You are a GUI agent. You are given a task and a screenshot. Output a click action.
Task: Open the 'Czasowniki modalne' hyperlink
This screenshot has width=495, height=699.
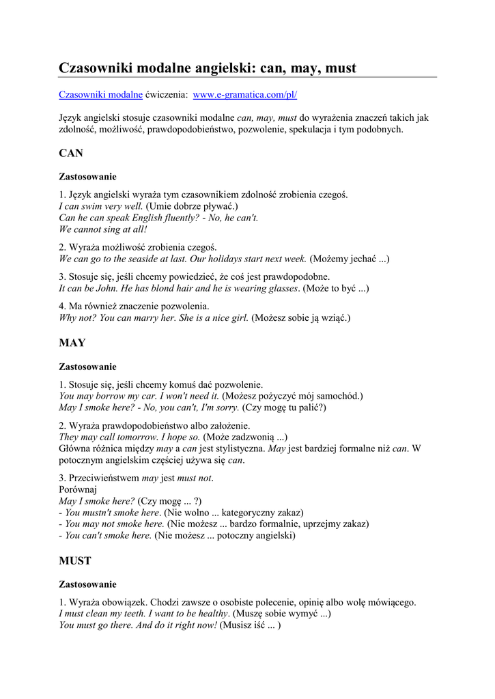coord(100,95)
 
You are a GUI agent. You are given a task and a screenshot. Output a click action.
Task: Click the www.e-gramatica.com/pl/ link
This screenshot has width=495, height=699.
coord(245,95)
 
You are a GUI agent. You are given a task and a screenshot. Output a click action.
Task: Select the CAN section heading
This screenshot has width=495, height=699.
coord(71,154)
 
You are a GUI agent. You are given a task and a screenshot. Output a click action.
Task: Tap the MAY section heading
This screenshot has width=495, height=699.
coord(72,343)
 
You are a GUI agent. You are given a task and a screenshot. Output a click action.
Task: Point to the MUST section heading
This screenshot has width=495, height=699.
coord(75,561)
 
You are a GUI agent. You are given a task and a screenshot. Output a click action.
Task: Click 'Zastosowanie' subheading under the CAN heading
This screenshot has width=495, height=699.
coord(87,176)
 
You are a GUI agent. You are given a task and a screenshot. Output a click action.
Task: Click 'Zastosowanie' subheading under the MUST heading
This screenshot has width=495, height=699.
coord(87,584)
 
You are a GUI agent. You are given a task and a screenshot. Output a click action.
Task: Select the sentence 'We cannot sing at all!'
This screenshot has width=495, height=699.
coord(103,229)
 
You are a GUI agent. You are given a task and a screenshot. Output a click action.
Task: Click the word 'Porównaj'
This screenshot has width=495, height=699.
coord(79,489)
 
